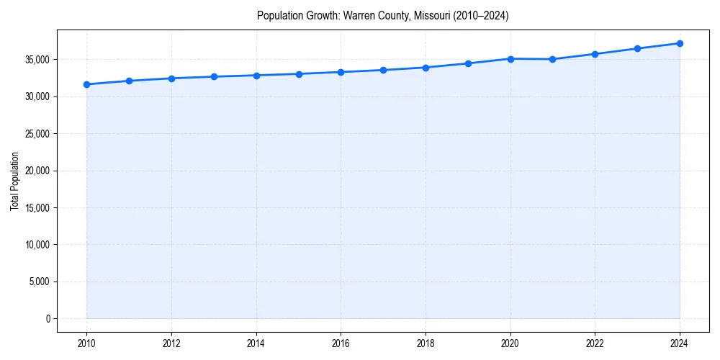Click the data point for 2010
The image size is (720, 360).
(x=86, y=84)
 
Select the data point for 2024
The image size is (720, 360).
(x=680, y=43)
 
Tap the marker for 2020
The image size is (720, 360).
(x=510, y=59)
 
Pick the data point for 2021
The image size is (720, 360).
(x=552, y=59)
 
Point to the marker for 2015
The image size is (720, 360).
(x=299, y=74)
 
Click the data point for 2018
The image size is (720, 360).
(x=426, y=68)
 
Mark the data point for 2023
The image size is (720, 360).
(x=637, y=48)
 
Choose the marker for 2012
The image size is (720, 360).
(x=171, y=78)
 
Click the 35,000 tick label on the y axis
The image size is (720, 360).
(x=37, y=60)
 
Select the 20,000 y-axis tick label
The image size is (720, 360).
(x=37, y=171)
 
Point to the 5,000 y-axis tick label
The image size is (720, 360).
(x=40, y=282)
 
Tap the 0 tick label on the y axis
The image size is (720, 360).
(x=48, y=319)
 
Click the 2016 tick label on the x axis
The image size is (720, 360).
(x=341, y=343)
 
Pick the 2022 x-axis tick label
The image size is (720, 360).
(x=595, y=343)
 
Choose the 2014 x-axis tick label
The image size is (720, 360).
(x=256, y=343)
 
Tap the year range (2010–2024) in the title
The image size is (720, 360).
(x=481, y=16)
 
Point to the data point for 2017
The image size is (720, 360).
(x=383, y=70)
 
